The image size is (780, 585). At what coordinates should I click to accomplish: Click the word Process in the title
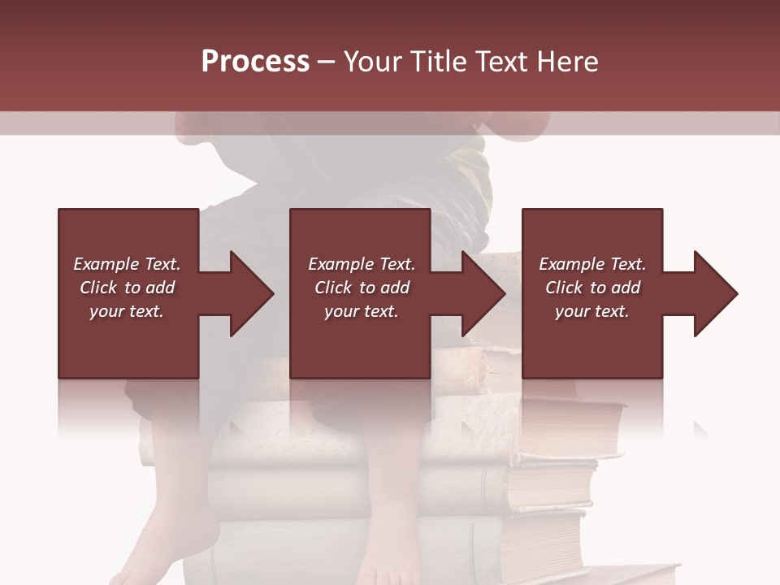pos(255,62)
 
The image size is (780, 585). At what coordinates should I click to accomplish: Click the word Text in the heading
pos(500,62)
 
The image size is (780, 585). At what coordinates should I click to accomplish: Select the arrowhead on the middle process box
pos(483,293)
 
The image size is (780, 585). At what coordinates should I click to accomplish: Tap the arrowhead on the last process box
pos(715,293)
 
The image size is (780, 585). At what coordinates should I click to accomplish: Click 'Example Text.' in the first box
pos(127,264)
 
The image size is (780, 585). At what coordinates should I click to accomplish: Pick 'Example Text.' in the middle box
pos(361,264)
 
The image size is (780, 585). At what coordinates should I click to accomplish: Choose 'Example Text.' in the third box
pos(592,264)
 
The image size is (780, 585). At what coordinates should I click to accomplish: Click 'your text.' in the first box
pos(127,311)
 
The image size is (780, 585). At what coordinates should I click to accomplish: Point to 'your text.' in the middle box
pos(361,311)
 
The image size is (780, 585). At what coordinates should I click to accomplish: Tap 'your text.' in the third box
pos(592,311)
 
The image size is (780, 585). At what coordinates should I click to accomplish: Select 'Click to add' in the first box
pos(127,288)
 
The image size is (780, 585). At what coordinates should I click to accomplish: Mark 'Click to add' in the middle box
pos(361,288)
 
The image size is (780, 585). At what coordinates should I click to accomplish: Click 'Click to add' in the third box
pos(592,288)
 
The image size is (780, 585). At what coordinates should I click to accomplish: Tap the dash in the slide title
pos(326,62)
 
